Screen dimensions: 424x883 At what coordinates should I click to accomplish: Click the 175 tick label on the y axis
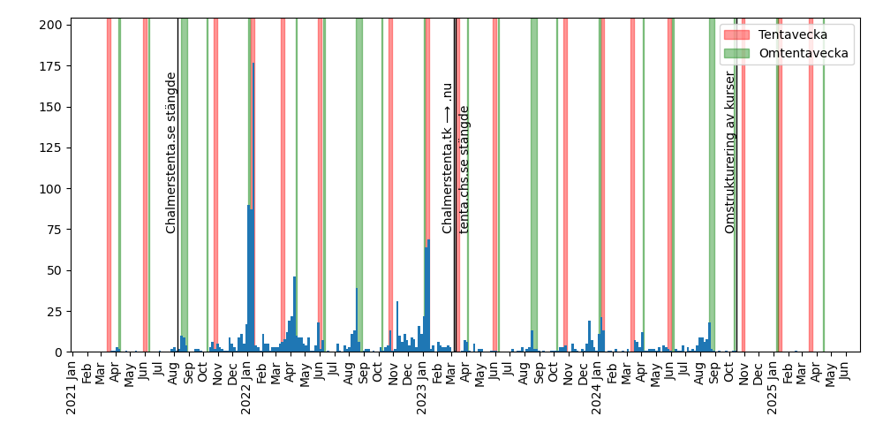(49, 66)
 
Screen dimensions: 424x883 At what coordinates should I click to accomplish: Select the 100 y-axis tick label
(49, 189)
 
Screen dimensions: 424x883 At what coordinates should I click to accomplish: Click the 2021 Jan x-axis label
(72, 389)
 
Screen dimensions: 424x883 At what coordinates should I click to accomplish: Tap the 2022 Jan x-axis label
(247, 389)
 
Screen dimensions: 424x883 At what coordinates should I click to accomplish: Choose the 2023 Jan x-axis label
(422, 389)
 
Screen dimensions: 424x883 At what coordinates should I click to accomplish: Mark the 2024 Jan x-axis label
(597, 389)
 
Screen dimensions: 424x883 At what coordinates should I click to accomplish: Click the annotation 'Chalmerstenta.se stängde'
(171, 153)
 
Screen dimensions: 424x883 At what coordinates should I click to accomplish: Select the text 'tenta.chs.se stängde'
(464, 170)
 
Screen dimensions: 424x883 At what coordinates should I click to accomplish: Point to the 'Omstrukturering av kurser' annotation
(730, 152)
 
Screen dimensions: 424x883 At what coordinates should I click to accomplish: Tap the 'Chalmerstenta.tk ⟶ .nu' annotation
(448, 158)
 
